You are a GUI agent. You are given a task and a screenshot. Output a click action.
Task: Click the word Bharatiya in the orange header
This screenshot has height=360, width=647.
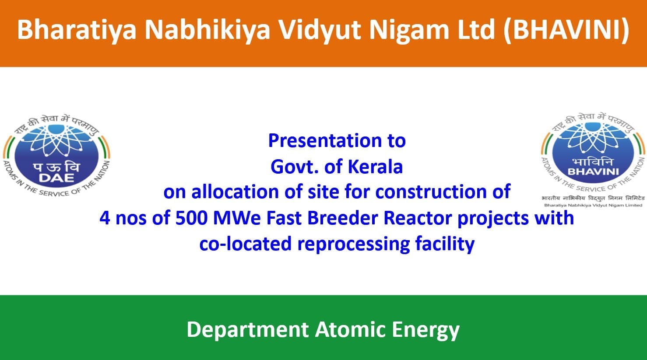[77, 30]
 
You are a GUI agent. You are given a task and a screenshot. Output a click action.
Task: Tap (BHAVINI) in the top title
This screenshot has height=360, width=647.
[566, 30]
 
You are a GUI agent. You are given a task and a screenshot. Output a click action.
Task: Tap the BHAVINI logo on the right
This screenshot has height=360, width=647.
[593, 159]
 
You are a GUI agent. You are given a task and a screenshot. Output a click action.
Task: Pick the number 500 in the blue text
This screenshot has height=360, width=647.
[191, 218]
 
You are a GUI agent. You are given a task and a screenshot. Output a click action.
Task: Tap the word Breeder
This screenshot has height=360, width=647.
[342, 218]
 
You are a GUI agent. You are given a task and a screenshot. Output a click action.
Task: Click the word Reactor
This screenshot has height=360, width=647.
[418, 218]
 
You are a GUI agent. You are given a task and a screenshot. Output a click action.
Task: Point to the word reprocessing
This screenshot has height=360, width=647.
[353, 244]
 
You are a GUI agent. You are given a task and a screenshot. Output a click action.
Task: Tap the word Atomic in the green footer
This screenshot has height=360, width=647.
[351, 329]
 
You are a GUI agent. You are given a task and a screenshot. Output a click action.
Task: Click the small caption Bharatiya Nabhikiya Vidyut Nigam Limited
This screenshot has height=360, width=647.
[593, 205]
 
